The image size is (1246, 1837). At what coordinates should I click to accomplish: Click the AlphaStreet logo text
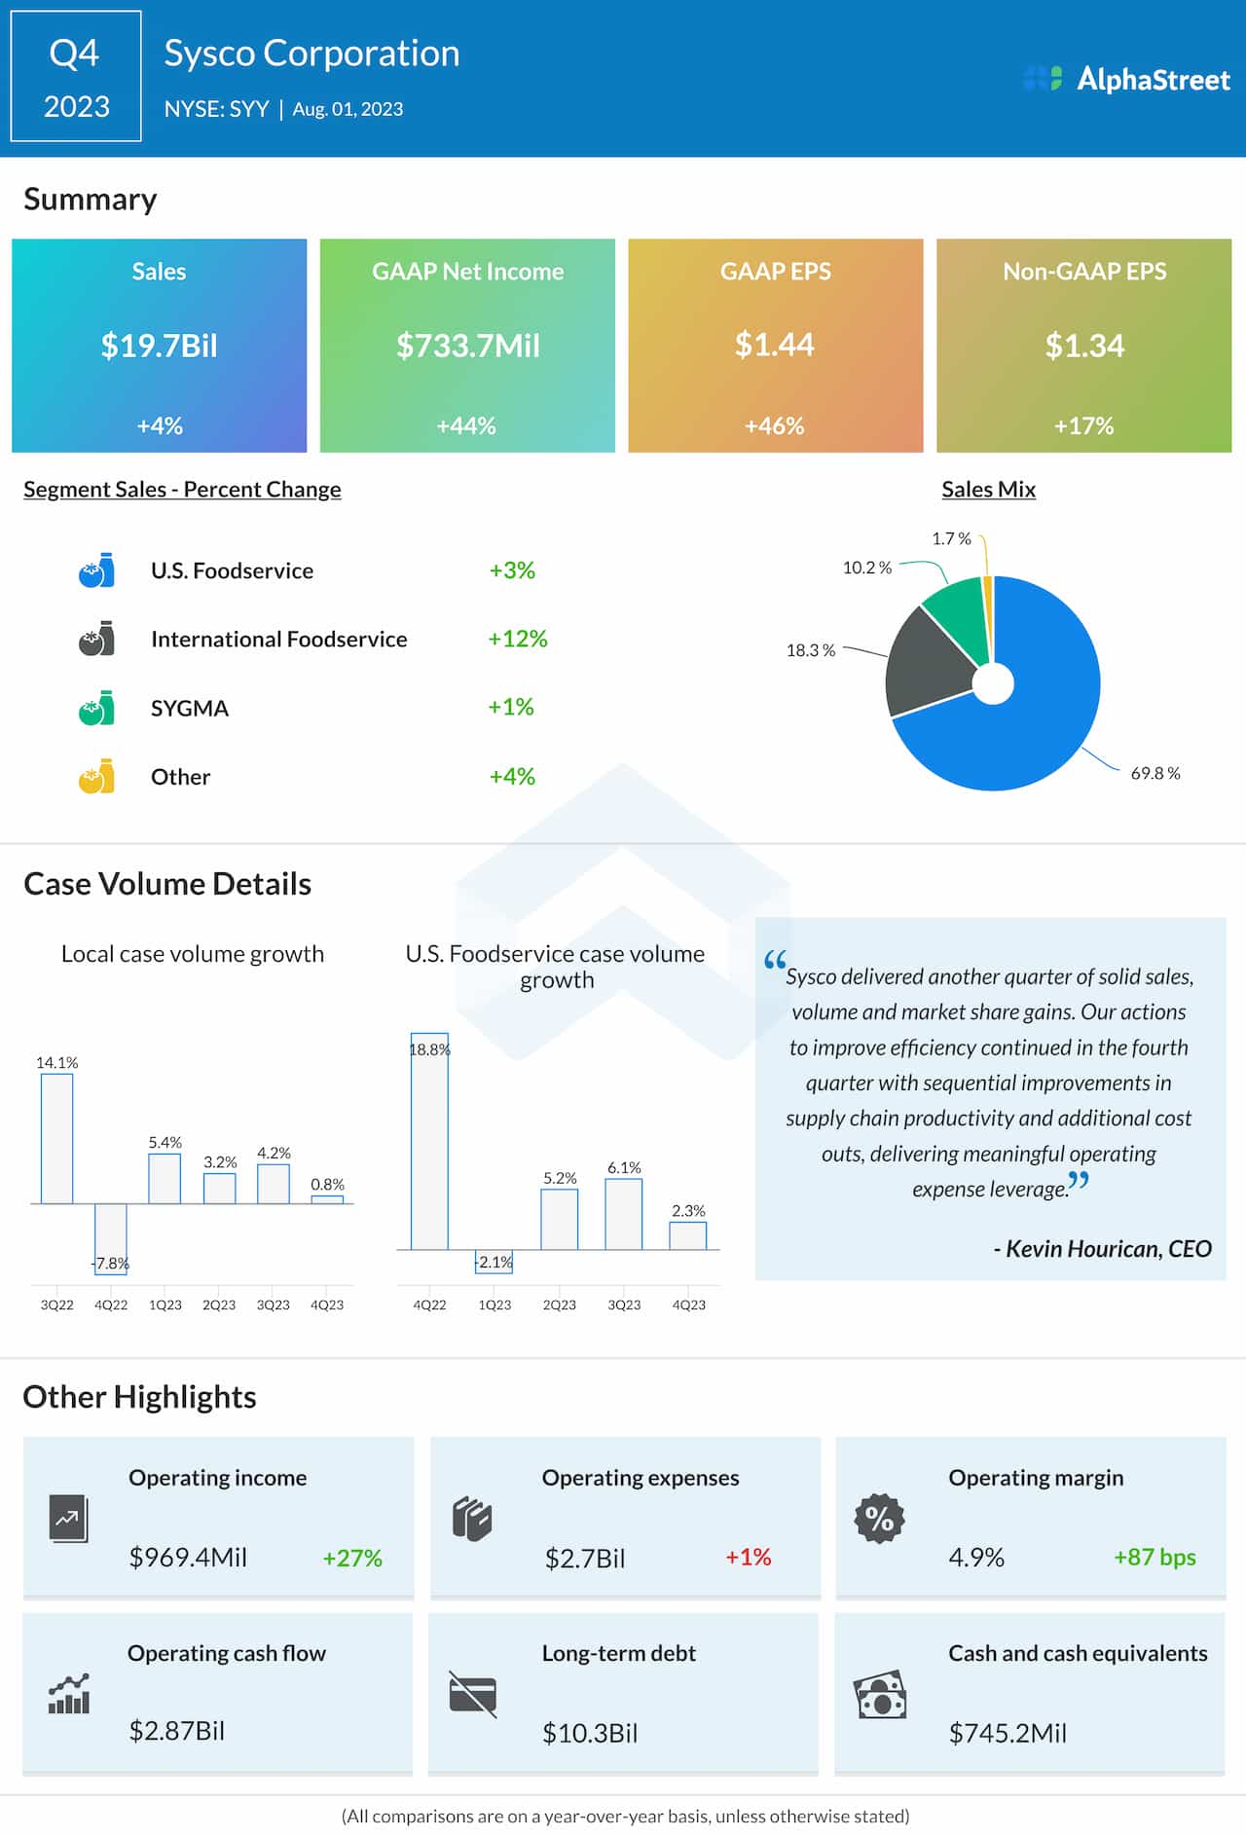click(x=1153, y=79)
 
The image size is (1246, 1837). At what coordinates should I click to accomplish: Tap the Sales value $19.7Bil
click(x=160, y=346)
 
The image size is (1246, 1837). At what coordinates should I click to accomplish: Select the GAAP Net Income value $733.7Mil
click(x=467, y=346)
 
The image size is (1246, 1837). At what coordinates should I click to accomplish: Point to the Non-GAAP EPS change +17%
click(x=1083, y=425)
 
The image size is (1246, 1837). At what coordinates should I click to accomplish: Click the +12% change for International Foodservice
click(x=517, y=639)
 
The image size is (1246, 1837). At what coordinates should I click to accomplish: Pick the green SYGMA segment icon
click(x=96, y=708)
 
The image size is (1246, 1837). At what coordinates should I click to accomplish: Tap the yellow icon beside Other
click(x=96, y=777)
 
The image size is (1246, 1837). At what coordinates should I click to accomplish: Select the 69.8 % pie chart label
click(x=1154, y=773)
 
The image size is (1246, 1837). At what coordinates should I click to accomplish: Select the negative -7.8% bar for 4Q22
click(x=111, y=1236)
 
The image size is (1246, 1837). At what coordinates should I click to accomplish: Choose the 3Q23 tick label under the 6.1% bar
click(x=624, y=1304)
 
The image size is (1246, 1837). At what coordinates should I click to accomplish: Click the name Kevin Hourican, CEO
click(x=1102, y=1249)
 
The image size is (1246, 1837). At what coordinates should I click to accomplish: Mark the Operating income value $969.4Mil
click(x=188, y=1557)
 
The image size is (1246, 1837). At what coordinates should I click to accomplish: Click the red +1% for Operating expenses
click(x=748, y=1557)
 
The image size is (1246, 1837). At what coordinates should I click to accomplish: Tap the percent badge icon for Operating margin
click(x=879, y=1518)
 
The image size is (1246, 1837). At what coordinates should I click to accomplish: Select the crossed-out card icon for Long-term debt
click(x=473, y=1695)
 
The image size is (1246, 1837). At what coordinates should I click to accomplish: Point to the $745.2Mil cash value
click(x=1008, y=1733)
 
